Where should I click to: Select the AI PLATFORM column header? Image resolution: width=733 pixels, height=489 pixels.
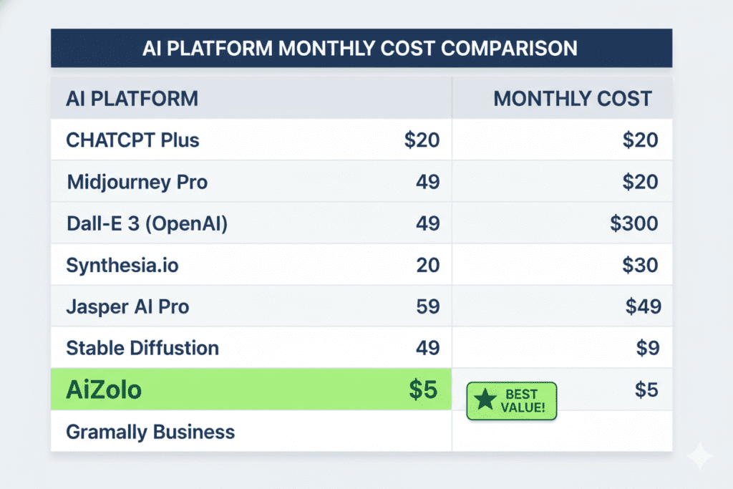click(132, 99)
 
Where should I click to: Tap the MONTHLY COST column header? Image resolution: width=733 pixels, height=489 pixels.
click(573, 99)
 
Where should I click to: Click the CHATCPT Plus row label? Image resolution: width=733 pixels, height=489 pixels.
click(132, 140)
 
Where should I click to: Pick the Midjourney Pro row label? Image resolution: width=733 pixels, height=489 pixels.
click(137, 182)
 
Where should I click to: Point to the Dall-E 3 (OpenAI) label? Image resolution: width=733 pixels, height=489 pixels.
click(147, 223)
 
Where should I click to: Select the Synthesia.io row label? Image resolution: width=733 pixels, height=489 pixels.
click(122, 266)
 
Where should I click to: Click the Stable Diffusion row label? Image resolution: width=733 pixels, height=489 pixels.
click(142, 349)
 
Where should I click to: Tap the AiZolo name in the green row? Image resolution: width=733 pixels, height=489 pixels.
click(104, 390)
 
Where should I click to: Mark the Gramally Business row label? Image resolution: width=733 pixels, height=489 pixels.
click(150, 432)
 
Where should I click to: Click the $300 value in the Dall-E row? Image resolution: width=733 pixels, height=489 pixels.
click(634, 223)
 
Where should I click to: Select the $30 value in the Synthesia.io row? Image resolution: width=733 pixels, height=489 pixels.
click(640, 266)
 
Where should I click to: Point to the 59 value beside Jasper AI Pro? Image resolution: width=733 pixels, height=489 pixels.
click(427, 307)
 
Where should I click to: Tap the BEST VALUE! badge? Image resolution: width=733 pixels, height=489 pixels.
click(511, 400)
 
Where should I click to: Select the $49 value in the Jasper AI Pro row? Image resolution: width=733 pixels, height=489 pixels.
click(643, 307)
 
